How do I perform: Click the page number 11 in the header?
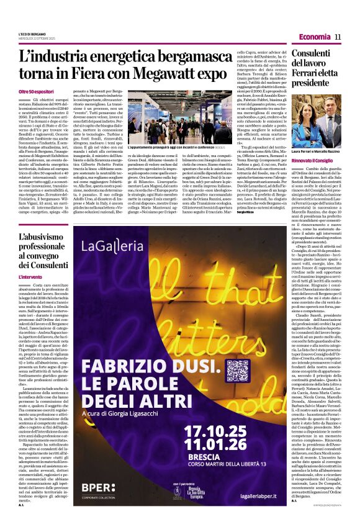tap(338, 37)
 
